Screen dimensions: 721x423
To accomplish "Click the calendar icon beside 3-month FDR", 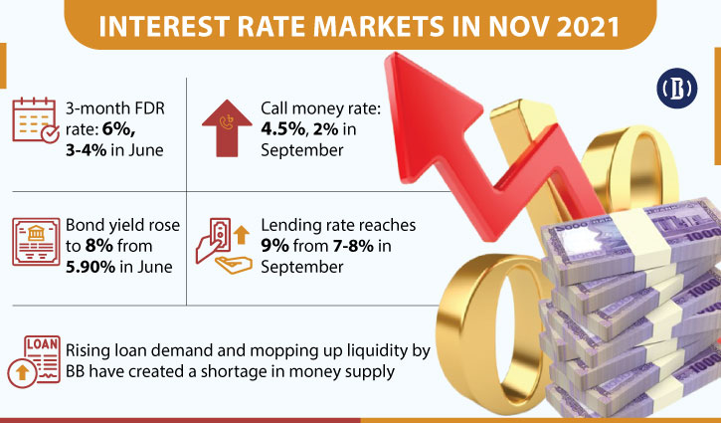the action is (x=36, y=120).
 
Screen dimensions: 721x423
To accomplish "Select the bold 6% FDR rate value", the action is (x=118, y=129).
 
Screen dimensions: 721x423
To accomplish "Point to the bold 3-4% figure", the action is (x=86, y=150).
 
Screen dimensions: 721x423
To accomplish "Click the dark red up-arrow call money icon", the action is (x=227, y=128).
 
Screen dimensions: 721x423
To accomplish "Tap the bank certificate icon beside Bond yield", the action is (x=36, y=242).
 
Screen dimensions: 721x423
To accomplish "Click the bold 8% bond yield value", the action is (x=98, y=246).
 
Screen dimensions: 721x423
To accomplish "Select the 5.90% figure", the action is (x=90, y=267).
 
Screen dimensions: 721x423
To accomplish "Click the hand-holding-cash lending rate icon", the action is (x=224, y=245).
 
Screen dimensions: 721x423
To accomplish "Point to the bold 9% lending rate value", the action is (x=274, y=246).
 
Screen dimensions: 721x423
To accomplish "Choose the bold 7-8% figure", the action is (x=354, y=246).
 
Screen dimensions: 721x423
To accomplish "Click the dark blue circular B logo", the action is (x=677, y=89).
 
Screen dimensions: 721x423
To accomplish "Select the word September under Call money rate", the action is (x=302, y=150).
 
